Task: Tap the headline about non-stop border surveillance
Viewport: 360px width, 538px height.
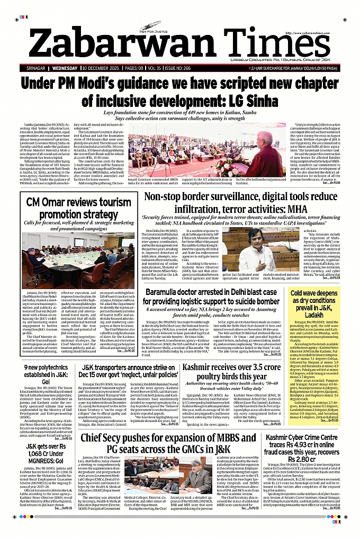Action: [241, 203]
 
